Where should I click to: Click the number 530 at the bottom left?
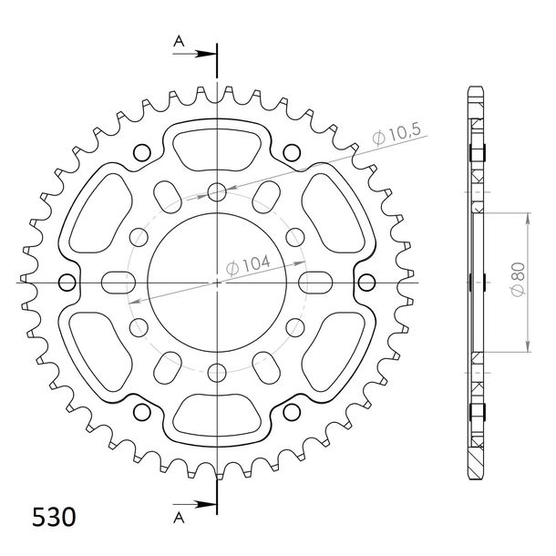click(x=54, y=517)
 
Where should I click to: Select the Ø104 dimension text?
click(x=248, y=265)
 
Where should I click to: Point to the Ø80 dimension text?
click(x=518, y=279)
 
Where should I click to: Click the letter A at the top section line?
click(x=179, y=42)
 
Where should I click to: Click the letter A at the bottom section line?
click(x=179, y=518)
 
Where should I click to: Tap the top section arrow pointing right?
click(x=194, y=54)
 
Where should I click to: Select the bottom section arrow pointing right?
click(x=194, y=504)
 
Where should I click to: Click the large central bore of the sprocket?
click(x=217, y=283)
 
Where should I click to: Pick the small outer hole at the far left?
click(x=67, y=283)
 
